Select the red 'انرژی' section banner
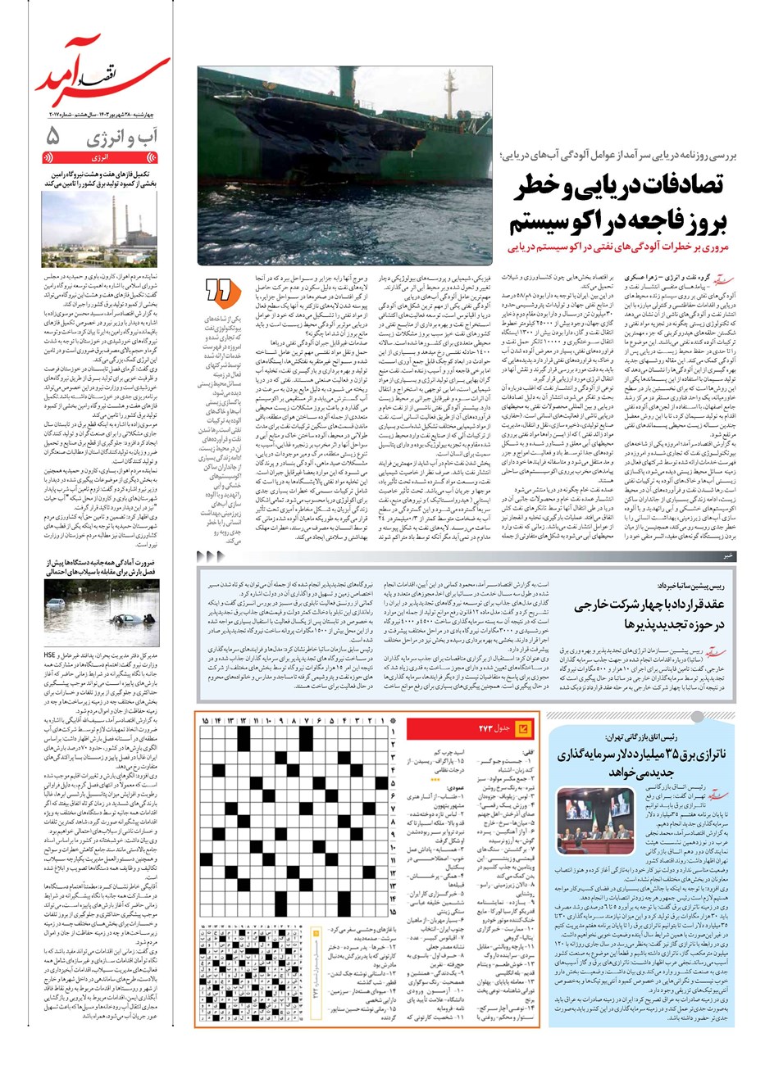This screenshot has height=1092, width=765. (100, 156)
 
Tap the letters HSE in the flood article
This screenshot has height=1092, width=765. (50, 655)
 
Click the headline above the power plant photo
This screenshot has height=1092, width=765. (100, 179)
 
